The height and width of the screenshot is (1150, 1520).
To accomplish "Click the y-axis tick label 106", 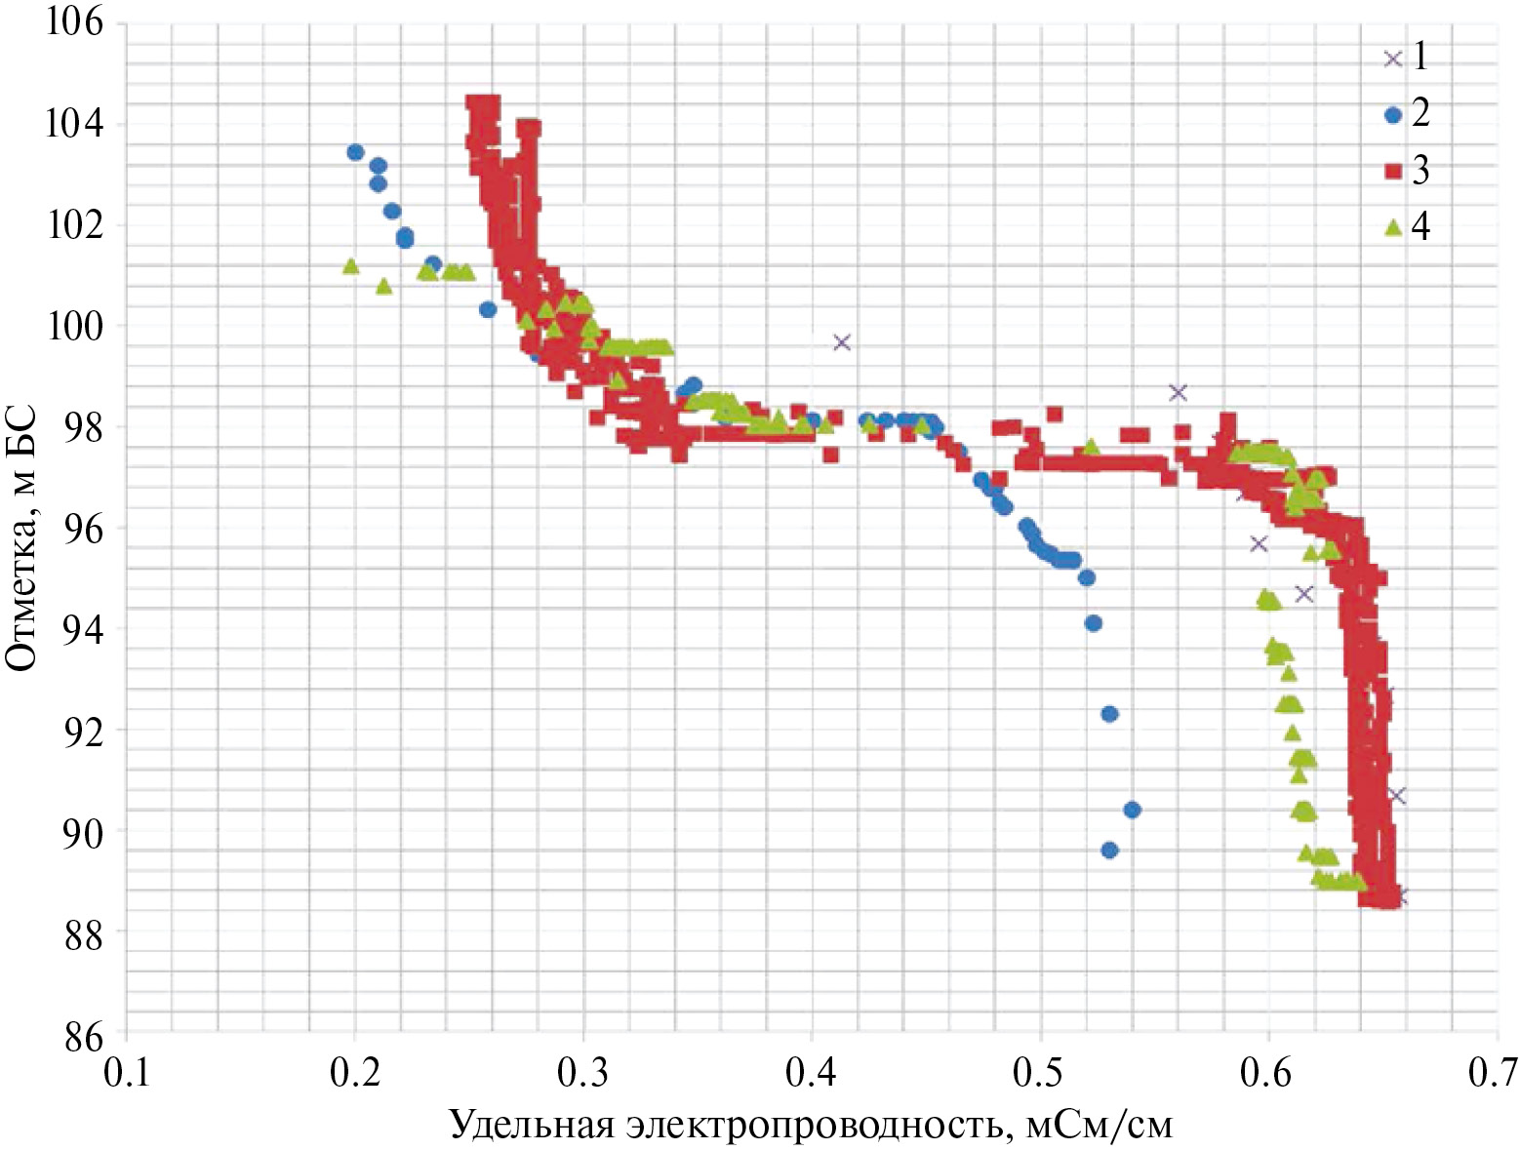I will [74, 21].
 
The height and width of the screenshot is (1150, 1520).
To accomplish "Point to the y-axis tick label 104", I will [74, 124].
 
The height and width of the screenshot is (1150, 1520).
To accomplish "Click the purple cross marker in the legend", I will [1393, 59].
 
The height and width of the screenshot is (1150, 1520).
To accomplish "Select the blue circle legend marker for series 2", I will [1393, 115].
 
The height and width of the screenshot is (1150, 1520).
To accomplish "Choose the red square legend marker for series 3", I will [1393, 172].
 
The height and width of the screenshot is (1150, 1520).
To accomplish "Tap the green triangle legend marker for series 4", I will [1393, 227].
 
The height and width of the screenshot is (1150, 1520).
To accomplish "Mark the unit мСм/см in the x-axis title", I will [1099, 1126].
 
